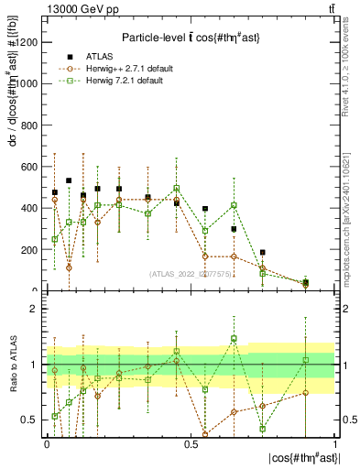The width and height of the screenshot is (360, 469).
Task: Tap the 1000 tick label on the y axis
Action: (x=28, y=83)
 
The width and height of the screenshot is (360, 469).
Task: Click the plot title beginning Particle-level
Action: (x=192, y=37)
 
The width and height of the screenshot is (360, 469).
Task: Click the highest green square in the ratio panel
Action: (x=234, y=339)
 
